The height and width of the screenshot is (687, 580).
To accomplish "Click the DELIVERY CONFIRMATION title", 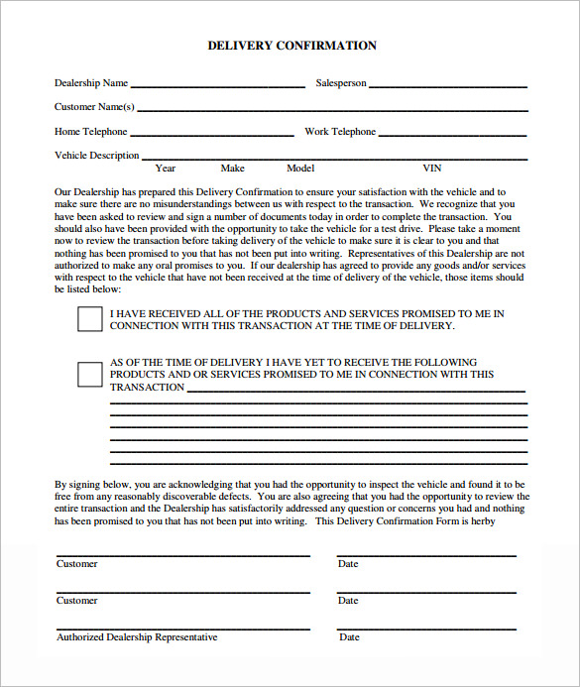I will point(291,46).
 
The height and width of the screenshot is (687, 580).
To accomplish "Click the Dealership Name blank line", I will point(217,86).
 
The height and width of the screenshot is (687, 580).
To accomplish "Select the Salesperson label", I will point(341,84).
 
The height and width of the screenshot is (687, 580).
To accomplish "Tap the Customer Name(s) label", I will point(94,107).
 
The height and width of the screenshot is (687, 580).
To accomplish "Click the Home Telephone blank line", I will point(211,134).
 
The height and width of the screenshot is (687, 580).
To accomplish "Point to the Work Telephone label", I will point(340,132).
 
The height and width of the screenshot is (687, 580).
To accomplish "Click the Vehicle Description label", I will point(96,156).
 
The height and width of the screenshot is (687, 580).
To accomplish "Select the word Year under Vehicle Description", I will point(166,169).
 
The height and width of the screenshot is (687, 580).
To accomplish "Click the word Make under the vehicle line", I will point(232,169).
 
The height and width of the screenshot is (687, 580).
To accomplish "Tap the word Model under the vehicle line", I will point(300,169).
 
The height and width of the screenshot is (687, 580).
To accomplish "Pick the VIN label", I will point(432,169).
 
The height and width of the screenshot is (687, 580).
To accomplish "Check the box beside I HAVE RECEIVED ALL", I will point(89,318).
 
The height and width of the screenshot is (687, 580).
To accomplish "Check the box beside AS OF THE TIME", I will point(89,374).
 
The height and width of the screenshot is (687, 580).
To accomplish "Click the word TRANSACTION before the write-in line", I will point(147,388).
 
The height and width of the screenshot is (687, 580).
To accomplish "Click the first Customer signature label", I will point(76,564).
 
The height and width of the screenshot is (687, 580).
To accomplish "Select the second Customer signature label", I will point(76,601).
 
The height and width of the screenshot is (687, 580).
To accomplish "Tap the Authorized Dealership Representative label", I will point(137,637).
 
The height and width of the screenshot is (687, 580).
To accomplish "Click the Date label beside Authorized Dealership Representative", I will point(349,637).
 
